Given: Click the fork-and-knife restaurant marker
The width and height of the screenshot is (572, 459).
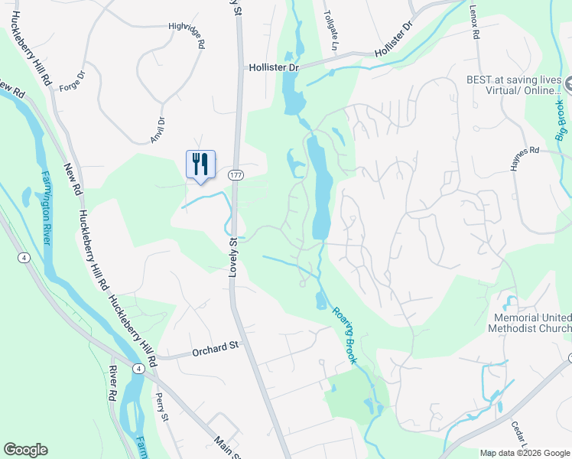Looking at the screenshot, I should tap(200, 164).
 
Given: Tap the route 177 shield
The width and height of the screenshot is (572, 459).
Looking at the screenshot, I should tap(236, 176).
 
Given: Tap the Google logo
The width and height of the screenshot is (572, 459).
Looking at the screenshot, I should tap(25, 450).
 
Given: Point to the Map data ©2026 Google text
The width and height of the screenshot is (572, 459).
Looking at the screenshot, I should tap(525, 453).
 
